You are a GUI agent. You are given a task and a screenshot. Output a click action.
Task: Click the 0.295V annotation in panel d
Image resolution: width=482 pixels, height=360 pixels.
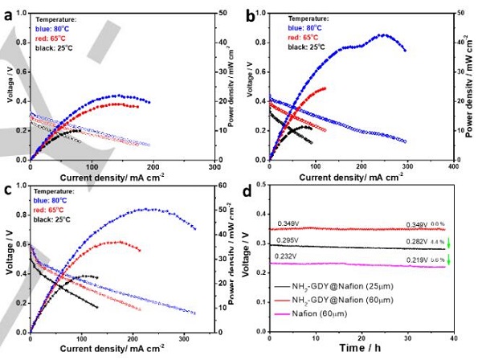[289, 239]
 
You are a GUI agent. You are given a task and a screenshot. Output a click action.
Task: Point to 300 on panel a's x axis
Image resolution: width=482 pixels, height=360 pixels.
[215, 165]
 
